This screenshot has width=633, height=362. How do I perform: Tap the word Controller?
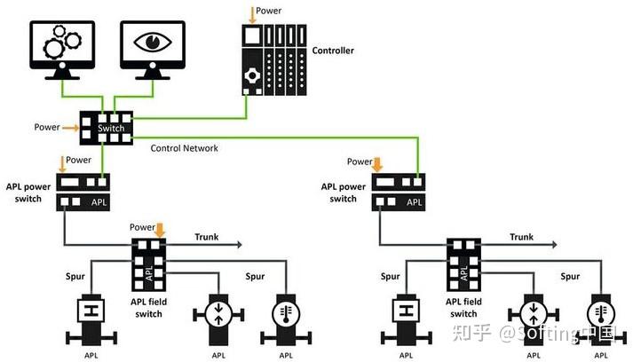click(x=334, y=51)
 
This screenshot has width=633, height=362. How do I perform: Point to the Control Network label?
click(x=185, y=148)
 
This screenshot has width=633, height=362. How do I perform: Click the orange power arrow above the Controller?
click(x=250, y=13)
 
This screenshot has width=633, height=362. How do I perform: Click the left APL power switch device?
click(x=83, y=192)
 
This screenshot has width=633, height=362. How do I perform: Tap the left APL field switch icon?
click(x=149, y=264)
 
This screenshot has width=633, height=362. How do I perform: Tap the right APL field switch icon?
click(x=463, y=264)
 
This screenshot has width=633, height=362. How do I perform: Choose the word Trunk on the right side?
click(x=521, y=237)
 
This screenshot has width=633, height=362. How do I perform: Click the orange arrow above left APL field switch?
click(x=160, y=229)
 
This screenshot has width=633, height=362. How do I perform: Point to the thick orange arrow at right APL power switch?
click(x=378, y=162)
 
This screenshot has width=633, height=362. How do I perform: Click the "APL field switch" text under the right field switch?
click(x=463, y=307)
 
